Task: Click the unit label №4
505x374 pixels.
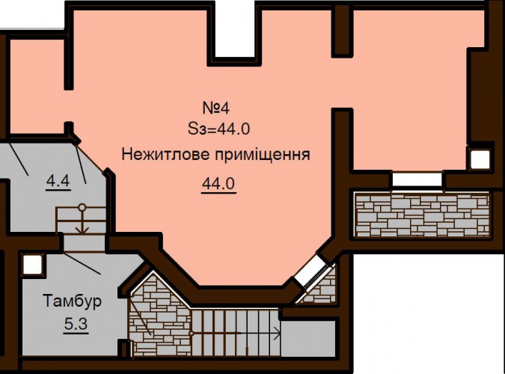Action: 216,108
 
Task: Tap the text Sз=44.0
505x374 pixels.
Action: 218,129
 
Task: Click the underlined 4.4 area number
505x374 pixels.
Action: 58,181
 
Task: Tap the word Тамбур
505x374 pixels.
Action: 72,301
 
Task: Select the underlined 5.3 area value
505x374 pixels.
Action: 76,324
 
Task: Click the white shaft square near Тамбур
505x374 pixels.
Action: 32,265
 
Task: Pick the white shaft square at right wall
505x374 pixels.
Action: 480,160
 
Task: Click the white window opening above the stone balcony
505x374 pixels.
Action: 417,180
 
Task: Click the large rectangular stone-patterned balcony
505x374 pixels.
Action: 423,215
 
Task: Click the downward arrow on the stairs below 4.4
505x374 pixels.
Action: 82,221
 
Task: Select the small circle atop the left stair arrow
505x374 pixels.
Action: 82,206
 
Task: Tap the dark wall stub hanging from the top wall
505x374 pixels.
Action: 343,31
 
